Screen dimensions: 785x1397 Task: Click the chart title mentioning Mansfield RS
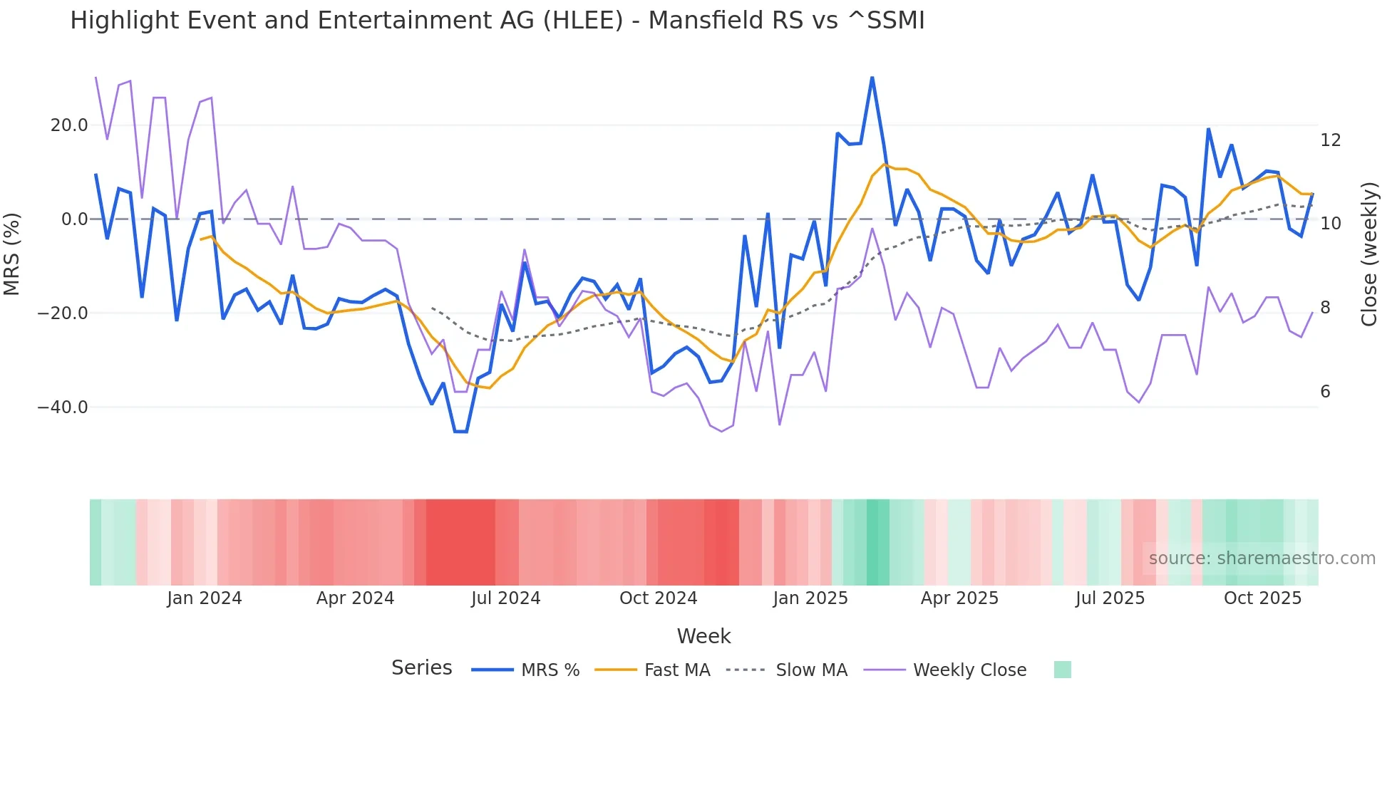click(x=497, y=21)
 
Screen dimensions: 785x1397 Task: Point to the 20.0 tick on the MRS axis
click(x=69, y=125)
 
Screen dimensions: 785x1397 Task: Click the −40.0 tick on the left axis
click(x=63, y=407)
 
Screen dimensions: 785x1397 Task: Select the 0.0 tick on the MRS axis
click(x=74, y=219)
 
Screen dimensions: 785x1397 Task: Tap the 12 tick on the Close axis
click(x=1330, y=140)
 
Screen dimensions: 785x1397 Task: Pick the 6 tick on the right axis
click(x=1325, y=392)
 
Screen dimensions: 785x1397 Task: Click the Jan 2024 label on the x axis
click(x=205, y=598)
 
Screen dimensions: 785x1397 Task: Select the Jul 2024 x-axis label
click(x=505, y=598)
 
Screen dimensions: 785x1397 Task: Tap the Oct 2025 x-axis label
click(x=1262, y=598)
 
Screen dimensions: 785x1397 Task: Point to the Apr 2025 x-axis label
click(x=959, y=598)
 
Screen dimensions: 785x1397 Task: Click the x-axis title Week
click(x=703, y=636)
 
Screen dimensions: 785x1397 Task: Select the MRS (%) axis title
click(x=12, y=254)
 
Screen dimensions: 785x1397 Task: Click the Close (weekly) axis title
click(x=1369, y=254)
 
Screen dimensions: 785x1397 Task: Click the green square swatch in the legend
click(x=1062, y=670)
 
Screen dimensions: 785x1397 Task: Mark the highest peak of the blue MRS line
click(x=872, y=78)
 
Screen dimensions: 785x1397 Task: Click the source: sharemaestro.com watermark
click(x=1262, y=558)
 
